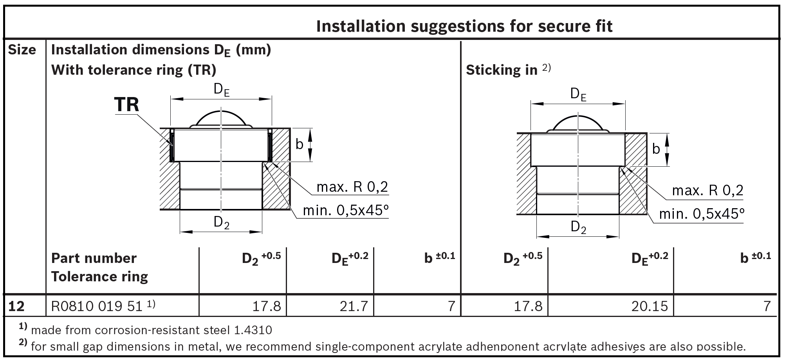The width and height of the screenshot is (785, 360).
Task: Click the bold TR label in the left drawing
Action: [x=126, y=105]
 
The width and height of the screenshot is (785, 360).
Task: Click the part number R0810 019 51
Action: [x=97, y=306]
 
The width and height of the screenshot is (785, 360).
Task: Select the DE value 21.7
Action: [x=354, y=306]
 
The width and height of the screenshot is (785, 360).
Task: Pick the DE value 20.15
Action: [x=650, y=306]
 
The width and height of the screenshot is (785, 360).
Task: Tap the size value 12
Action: [x=16, y=306]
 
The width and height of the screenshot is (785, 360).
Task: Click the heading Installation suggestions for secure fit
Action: [x=464, y=26]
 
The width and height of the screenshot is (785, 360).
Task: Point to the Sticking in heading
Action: [x=502, y=70]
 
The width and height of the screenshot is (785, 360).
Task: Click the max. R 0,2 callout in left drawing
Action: [x=352, y=187]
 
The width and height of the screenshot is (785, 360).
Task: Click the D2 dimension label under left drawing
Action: [x=221, y=222]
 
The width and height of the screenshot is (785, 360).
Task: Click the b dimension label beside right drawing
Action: [x=656, y=149]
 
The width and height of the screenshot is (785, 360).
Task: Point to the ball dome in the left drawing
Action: [x=221, y=118]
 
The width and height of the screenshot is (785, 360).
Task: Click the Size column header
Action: [x=22, y=50]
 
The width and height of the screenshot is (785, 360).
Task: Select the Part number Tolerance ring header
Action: [x=99, y=267]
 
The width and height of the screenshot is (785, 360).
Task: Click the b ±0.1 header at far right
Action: [x=755, y=257]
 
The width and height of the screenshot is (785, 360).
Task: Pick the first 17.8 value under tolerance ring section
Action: [x=266, y=306]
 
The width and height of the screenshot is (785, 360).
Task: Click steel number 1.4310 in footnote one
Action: [x=253, y=330]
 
